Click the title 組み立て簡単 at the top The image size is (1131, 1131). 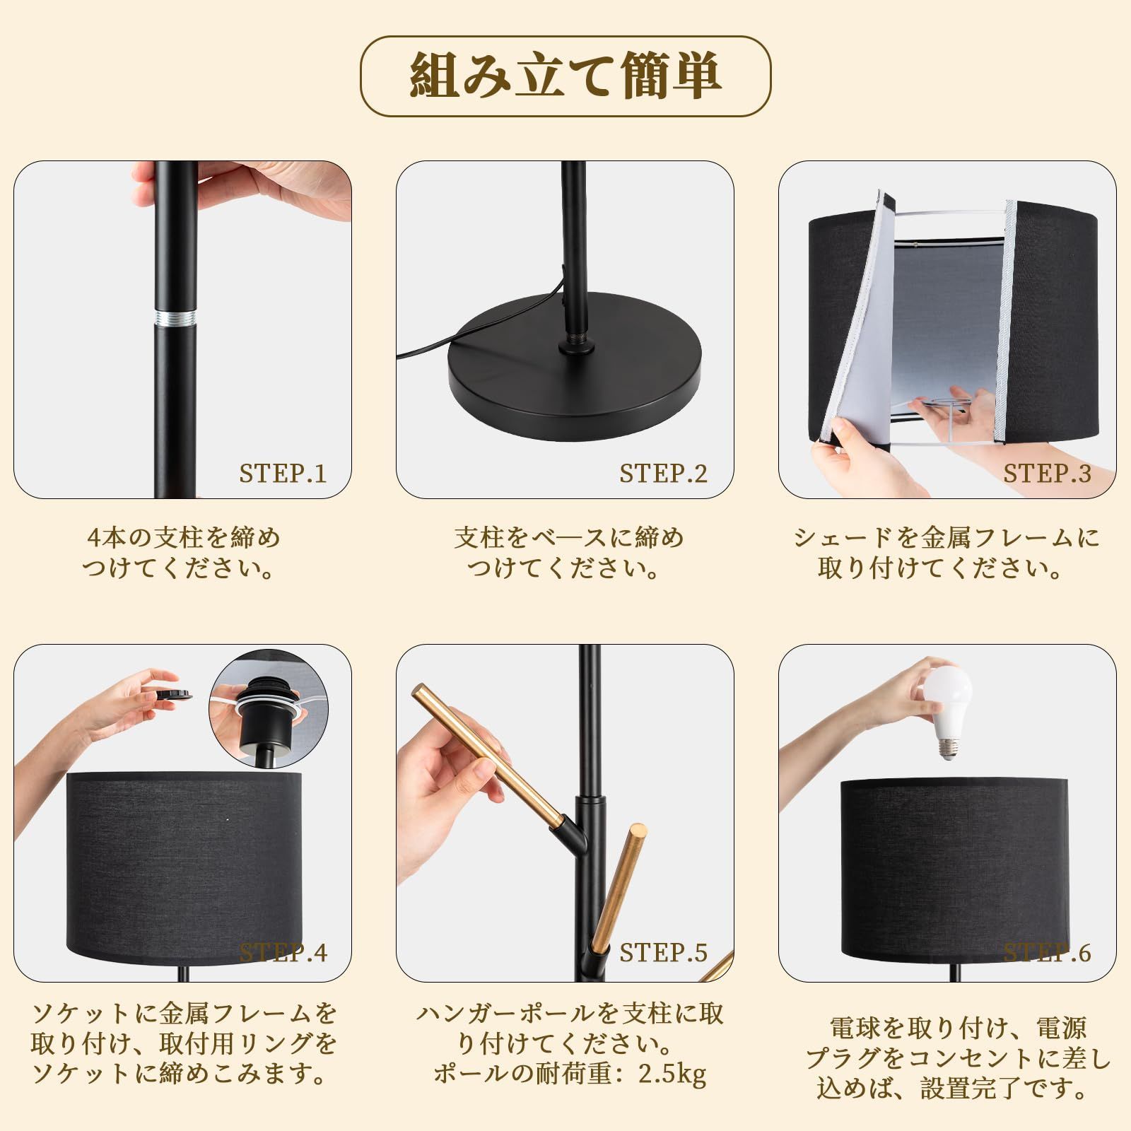point(565,76)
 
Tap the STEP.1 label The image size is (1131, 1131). point(283,474)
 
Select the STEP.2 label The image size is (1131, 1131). point(663,474)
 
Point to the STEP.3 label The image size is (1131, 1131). point(1047,474)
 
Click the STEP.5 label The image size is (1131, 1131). point(663,953)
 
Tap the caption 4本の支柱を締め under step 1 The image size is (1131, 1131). point(183,538)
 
